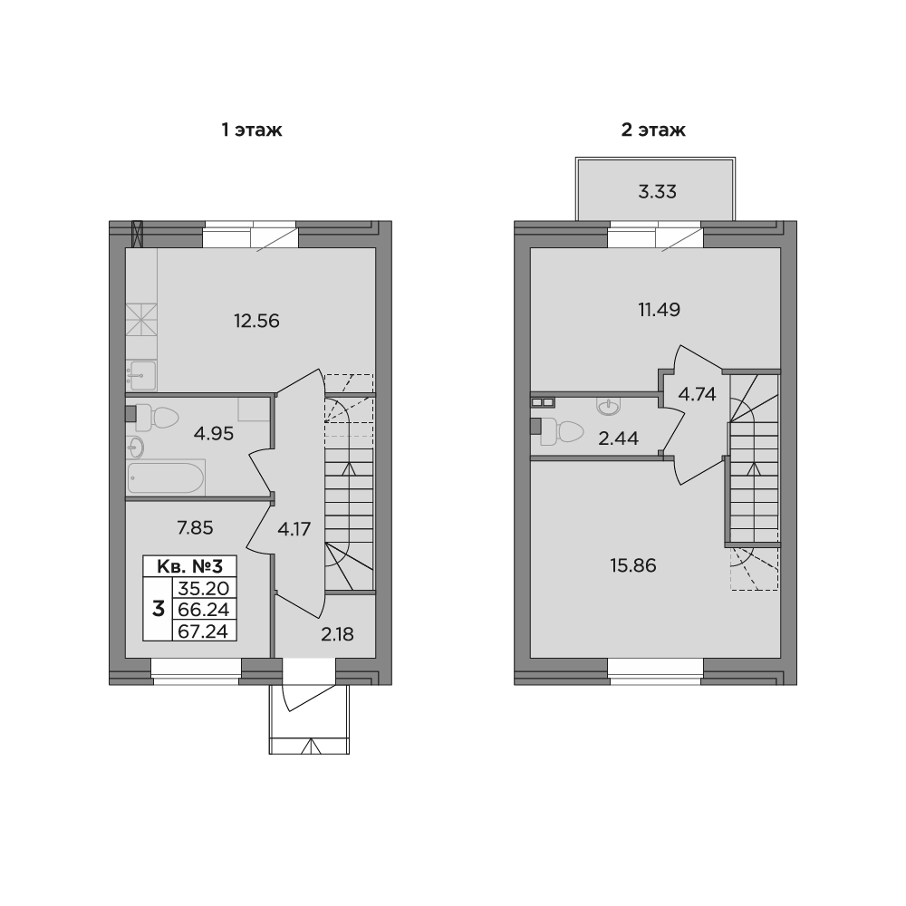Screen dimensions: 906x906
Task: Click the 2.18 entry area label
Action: [337, 632]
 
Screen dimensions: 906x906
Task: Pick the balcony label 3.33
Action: [658, 191]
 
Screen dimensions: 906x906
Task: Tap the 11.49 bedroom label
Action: [659, 309]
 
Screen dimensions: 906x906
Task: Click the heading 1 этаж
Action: [253, 130]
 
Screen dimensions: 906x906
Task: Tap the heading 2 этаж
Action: [653, 130]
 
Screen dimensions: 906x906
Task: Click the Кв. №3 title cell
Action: [190, 566]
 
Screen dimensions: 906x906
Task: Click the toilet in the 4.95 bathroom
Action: [159, 417]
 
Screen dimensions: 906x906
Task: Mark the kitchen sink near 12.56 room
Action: [141, 372]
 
